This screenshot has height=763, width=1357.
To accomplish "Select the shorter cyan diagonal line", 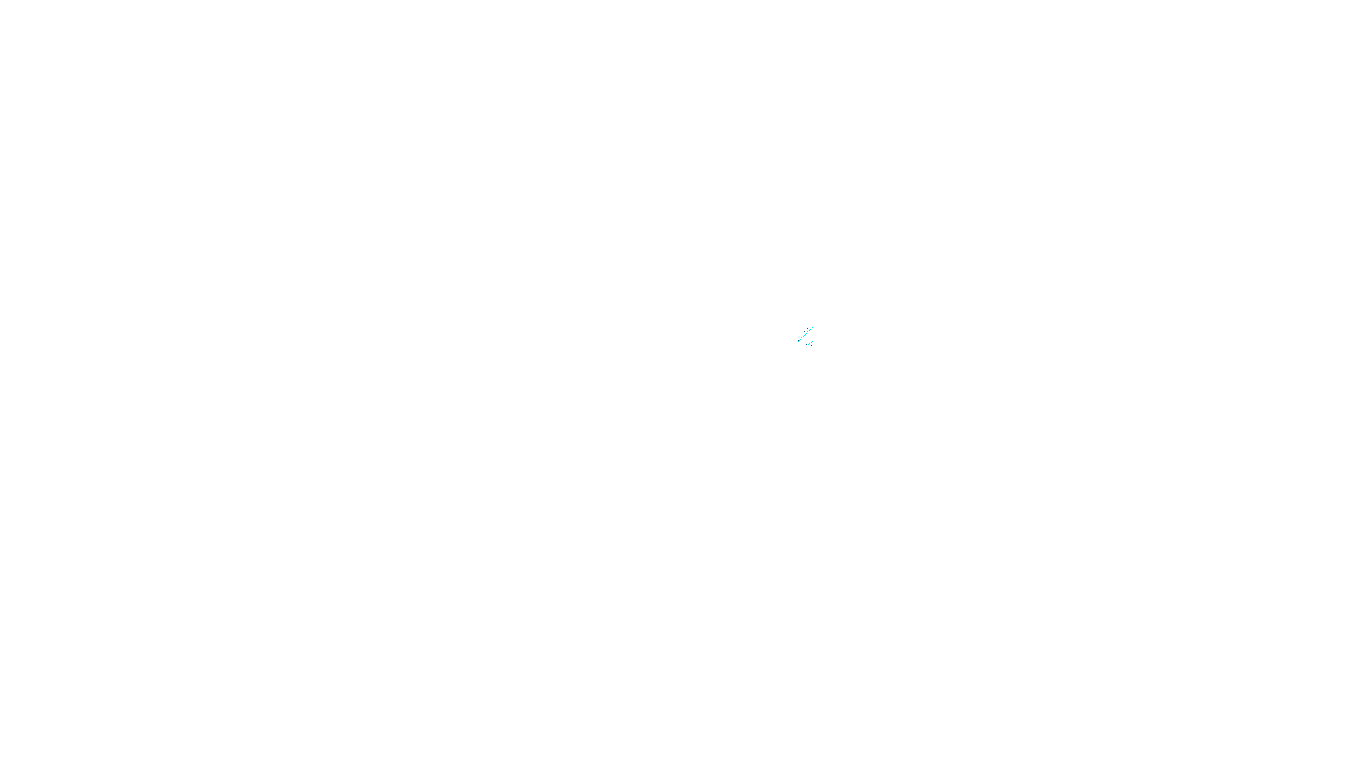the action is [810, 342].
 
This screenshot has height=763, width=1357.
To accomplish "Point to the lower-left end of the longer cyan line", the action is [798, 341].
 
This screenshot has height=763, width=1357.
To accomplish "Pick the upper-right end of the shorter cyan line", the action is [813, 339].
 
